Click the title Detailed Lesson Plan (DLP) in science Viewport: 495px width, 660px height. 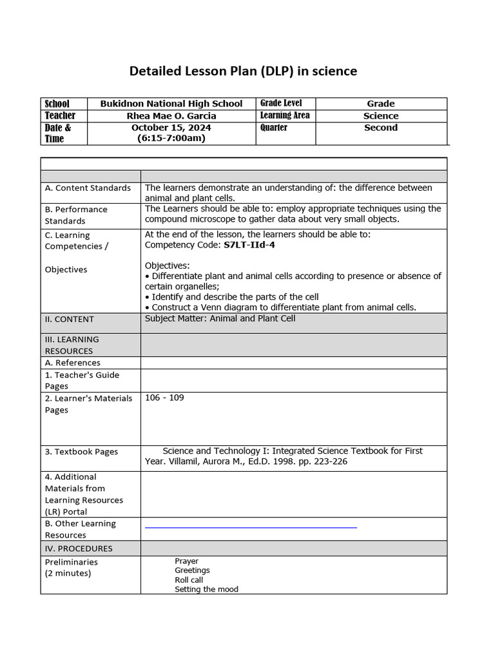[243, 71]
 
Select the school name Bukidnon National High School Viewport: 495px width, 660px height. [171, 104]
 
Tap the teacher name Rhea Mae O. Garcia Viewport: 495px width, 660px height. [171, 116]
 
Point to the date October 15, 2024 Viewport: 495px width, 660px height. [171, 128]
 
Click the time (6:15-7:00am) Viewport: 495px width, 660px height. [171, 138]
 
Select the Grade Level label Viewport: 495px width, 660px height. [280, 103]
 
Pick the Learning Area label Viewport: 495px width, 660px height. [284, 115]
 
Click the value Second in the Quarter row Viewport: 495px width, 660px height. [381, 128]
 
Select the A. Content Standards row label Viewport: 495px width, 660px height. [88, 188]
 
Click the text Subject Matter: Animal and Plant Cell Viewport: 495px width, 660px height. [220, 318]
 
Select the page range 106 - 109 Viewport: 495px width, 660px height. [164, 398]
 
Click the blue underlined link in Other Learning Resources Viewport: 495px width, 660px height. [251, 527]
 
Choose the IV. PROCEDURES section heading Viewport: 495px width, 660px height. [79, 548]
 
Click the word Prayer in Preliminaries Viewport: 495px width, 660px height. [186, 561]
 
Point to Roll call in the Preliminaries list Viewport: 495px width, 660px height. [189, 580]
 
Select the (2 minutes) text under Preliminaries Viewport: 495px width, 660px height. [68, 573]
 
